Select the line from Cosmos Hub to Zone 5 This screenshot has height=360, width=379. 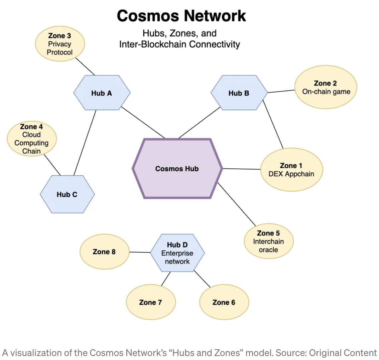237,204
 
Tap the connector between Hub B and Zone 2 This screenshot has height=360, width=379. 281,91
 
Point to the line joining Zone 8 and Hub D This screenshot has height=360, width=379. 140,252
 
